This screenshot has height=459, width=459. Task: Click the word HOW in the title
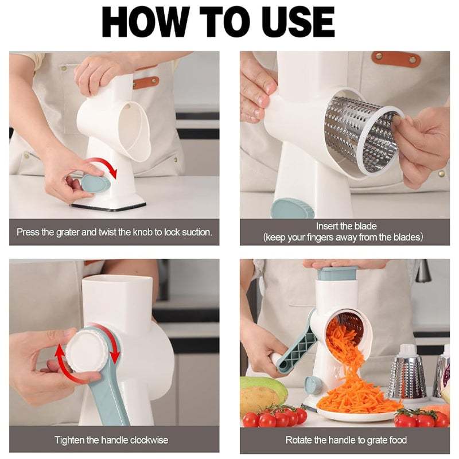coord(149,22)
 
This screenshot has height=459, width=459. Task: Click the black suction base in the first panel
coord(115,204)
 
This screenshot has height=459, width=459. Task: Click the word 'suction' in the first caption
coord(194,232)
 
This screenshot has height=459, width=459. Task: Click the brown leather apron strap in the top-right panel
coord(396,58)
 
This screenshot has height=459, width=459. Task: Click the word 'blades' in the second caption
coord(407,238)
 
